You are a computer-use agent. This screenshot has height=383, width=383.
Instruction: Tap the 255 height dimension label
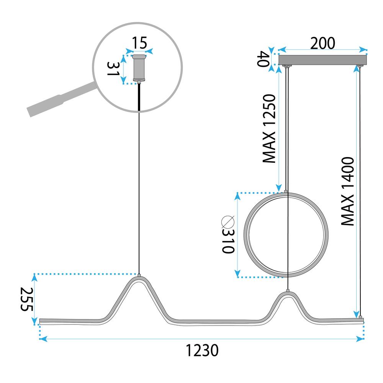[26, 300]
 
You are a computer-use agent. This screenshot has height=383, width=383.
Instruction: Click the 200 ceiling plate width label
[322, 44]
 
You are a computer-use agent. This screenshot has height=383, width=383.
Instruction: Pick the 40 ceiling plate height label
[263, 59]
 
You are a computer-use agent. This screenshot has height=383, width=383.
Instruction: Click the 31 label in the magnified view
[113, 69]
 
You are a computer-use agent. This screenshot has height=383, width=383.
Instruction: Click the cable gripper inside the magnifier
[139, 69]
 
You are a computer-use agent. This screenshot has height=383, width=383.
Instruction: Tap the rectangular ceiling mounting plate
[322, 60]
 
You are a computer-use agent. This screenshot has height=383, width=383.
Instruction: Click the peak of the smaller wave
[287, 293]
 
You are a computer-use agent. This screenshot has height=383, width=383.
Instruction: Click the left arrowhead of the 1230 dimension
[43, 339]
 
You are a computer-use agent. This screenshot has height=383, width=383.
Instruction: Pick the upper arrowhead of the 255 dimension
[35, 277]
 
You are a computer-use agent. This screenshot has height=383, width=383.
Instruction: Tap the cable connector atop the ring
[286, 190]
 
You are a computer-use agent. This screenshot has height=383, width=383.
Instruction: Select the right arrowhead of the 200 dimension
[363, 50]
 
